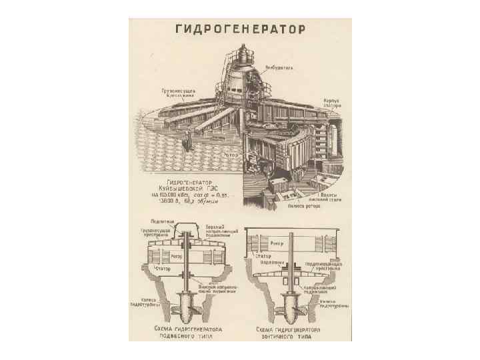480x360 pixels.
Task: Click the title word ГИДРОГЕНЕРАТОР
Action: [240, 29]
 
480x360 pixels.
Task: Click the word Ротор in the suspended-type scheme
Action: [177, 255]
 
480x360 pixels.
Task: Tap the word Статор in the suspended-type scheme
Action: [163, 268]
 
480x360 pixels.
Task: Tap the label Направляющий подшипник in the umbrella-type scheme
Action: [320, 289]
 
